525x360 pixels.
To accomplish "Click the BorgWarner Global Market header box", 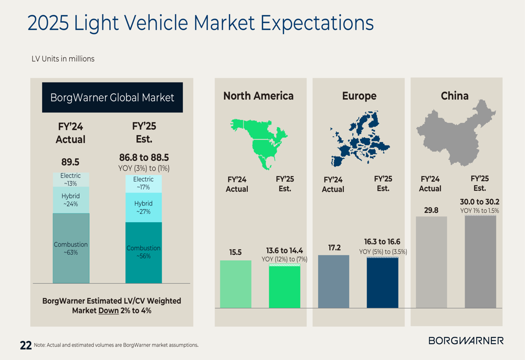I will (112, 97).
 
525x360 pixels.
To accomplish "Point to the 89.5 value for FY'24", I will (70, 162).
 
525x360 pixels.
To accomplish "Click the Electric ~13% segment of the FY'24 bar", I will (71, 180).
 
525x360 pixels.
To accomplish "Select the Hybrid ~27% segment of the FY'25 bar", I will (143, 208).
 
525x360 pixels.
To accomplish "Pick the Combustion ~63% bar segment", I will (71, 248).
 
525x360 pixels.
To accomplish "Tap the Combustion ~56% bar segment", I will (143, 252).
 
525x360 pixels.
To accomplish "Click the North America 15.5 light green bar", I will (236, 284).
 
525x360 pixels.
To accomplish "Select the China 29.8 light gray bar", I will (432, 262).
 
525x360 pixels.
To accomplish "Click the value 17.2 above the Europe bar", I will (334, 247).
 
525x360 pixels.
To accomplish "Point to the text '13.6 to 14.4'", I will (285, 251).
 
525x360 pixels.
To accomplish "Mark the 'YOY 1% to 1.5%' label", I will (480, 211).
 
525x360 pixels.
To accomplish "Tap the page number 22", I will (26, 345).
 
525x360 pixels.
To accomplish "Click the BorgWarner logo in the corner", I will (466, 341).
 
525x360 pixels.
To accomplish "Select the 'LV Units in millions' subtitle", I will (63, 59).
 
